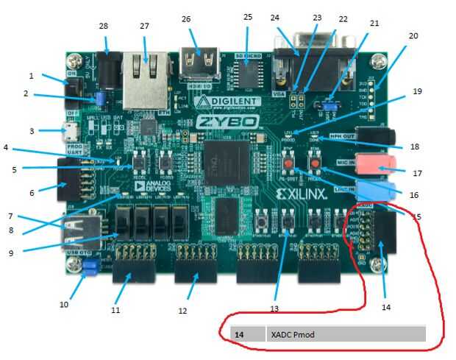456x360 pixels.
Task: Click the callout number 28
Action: (x=103, y=27)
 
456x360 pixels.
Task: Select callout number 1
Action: (x=32, y=76)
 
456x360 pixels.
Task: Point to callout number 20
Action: (x=413, y=35)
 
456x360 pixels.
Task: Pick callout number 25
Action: (x=247, y=16)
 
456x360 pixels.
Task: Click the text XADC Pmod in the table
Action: (x=293, y=334)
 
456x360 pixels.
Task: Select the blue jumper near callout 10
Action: (x=91, y=272)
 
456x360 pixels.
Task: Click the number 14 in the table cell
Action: (x=239, y=334)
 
